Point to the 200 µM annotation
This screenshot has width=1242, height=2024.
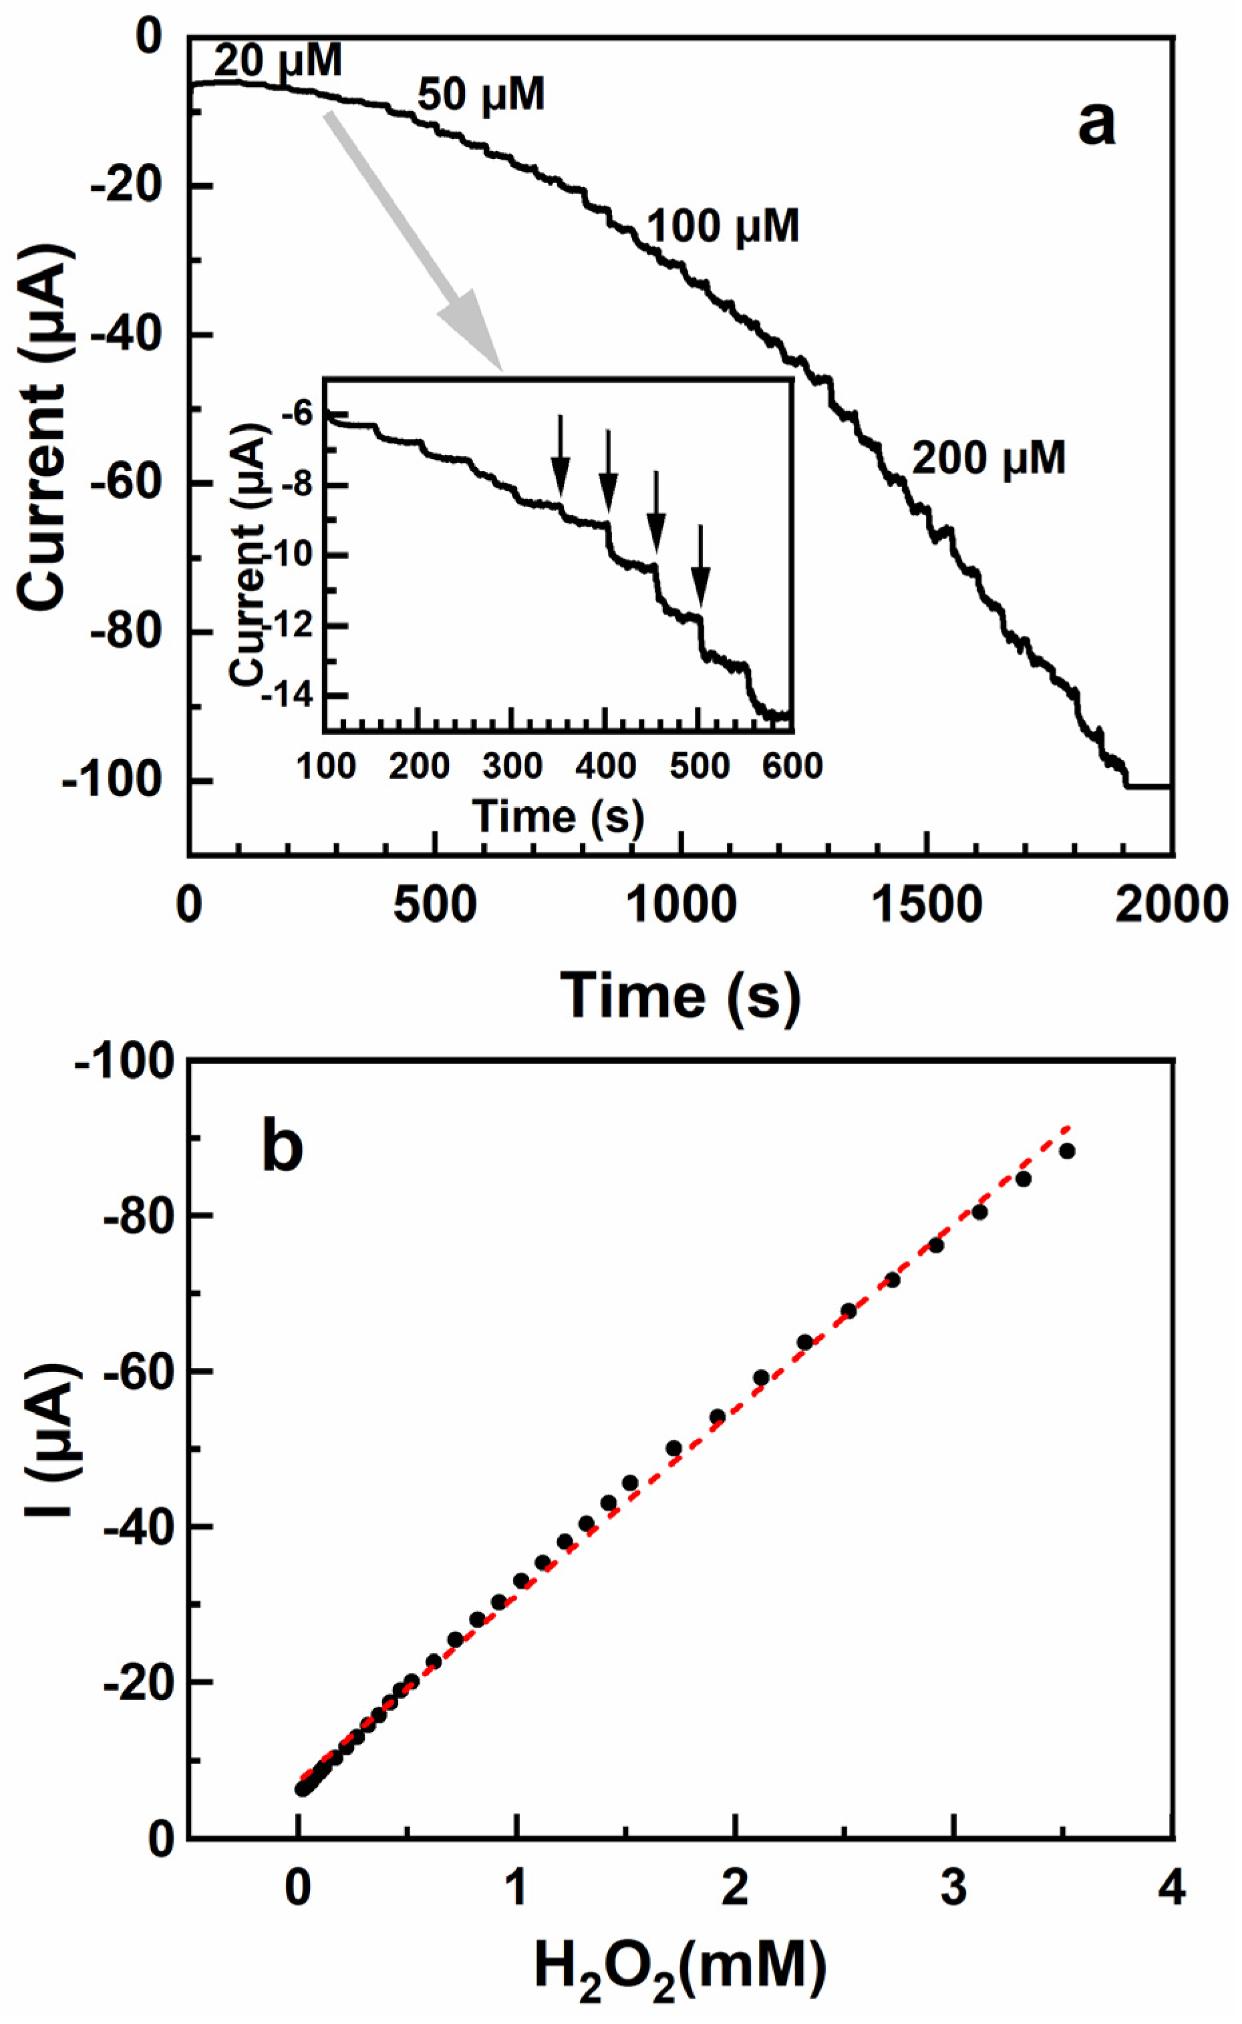click(x=988, y=458)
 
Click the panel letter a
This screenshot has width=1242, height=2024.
click(x=1096, y=125)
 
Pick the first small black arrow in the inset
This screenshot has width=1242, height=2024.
click(x=561, y=468)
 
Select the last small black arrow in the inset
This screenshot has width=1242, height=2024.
click(x=700, y=575)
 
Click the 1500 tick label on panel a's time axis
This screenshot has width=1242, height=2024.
click(x=927, y=904)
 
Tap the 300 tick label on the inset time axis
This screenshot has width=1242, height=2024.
click(x=512, y=766)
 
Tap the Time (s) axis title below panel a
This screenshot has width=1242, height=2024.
click(x=680, y=995)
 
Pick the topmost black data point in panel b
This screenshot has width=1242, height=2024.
click(x=1067, y=1151)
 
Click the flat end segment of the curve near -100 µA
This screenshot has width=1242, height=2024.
click(x=1148, y=787)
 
